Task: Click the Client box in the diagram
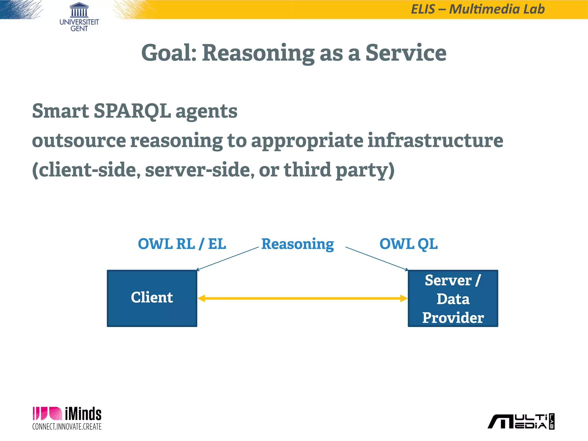(x=152, y=298)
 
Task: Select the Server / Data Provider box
(x=453, y=298)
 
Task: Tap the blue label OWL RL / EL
(x=182, y=244)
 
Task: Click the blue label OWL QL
(x=408, y=244)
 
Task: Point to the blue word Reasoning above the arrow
(x=297, y=244)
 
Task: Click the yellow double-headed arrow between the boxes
(x=302, y=298)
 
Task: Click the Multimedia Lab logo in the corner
(x=521, y=421)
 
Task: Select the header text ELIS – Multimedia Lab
(x=478, y=9)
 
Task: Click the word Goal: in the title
(x=169, y=53)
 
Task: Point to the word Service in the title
(x=406, y=53)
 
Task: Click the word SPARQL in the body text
(x=132, y=111)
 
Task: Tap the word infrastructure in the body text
(x=435, y=140)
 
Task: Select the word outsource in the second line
(x=79, y=141)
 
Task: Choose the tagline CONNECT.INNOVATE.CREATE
(x=67, y=427)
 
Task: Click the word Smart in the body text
(x=60, y=111)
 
